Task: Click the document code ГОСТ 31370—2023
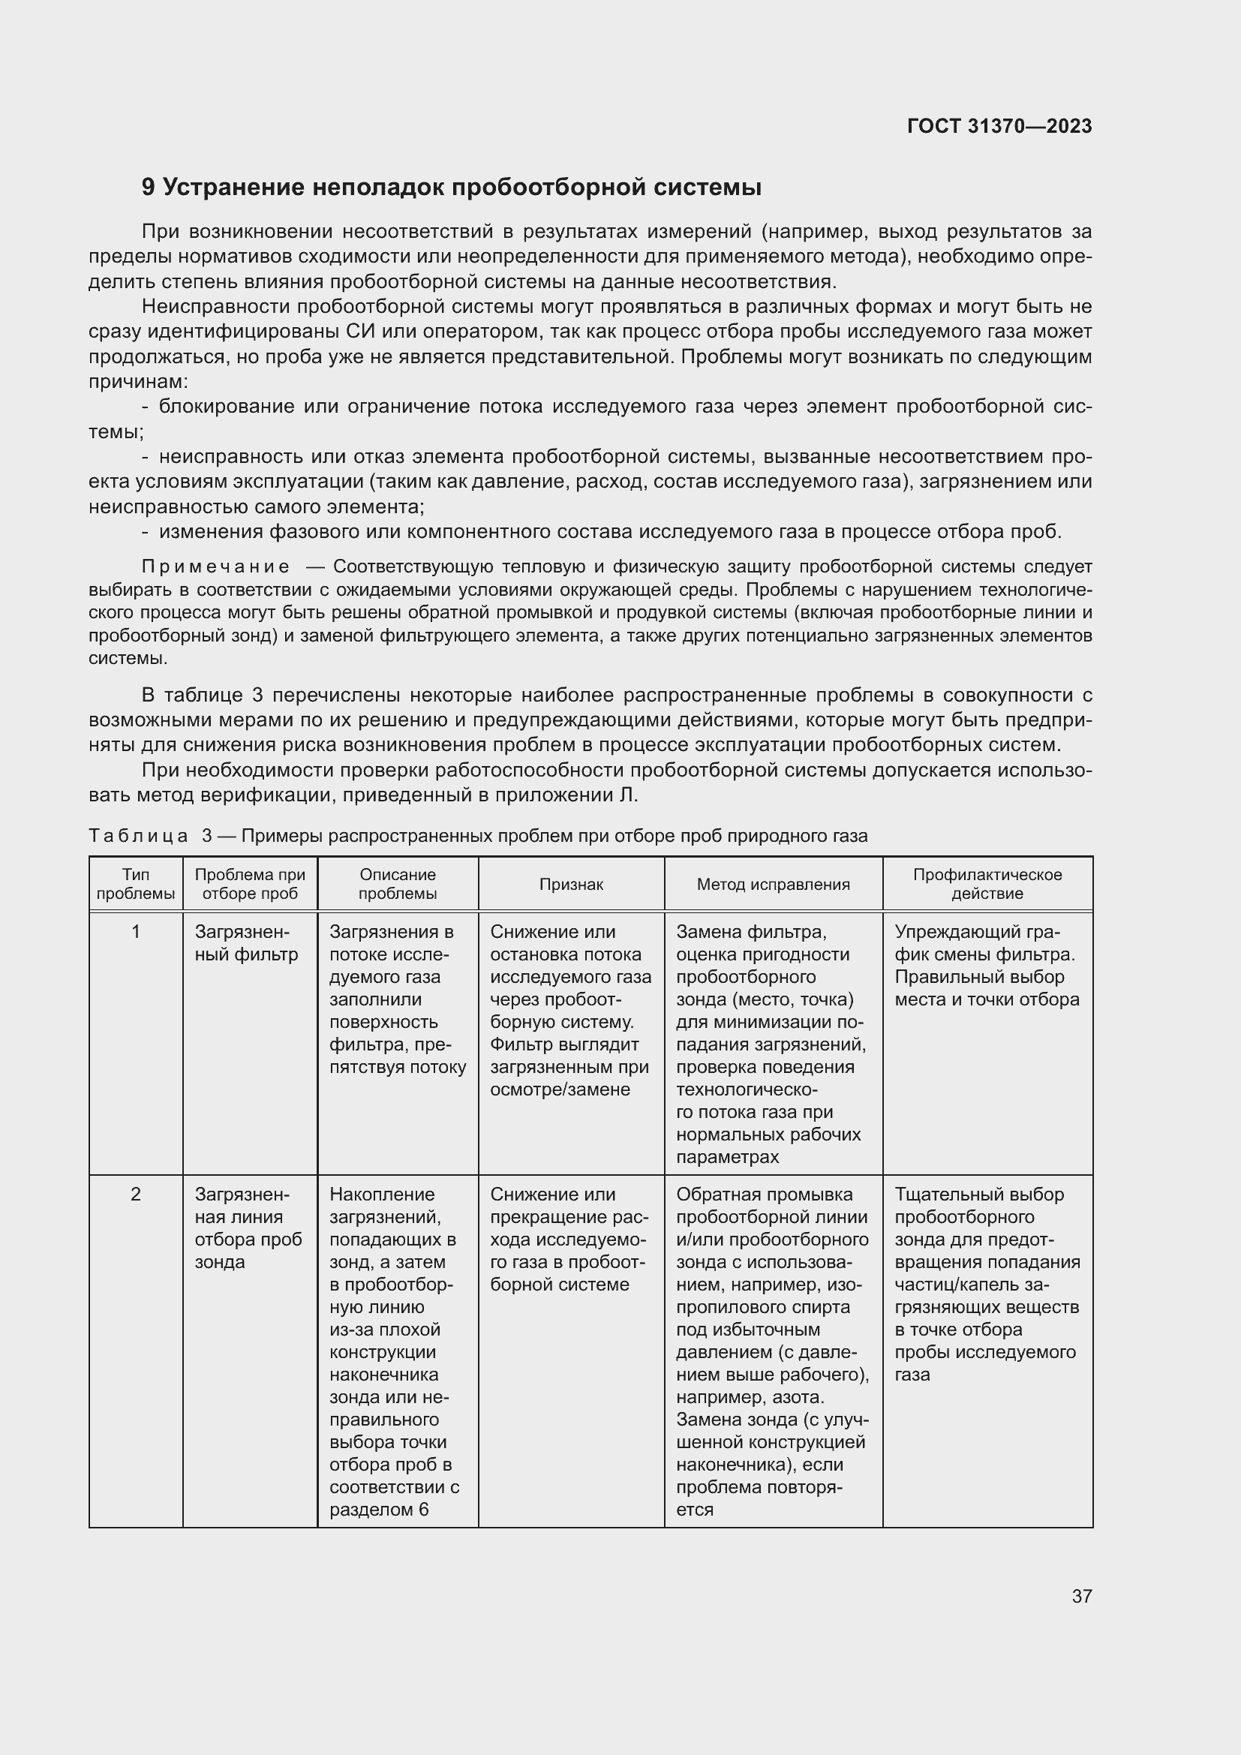click(x=999, y=127)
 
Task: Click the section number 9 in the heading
click(x=149, y=188)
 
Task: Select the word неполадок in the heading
click(x=378, y=188)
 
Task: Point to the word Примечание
click(x=215, y=566)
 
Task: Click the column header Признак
click(x=571, y=885)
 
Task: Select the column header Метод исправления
click(x=773, y=885)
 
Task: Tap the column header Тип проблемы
click(x=136, y=884)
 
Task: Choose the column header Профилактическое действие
click(x=987, y=884)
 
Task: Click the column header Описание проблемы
click(x=398, y=884)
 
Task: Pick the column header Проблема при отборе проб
click(x=250, y=884)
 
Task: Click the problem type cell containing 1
click(x=136, y=932)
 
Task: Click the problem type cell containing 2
click(x=136, y=1194)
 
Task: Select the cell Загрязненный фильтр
click(x=246, y=943)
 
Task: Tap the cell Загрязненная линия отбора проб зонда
click(x=248, y=1228)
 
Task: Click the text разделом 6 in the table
click(x=378, y=1510)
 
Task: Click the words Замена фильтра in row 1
click(x=750, y=932)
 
